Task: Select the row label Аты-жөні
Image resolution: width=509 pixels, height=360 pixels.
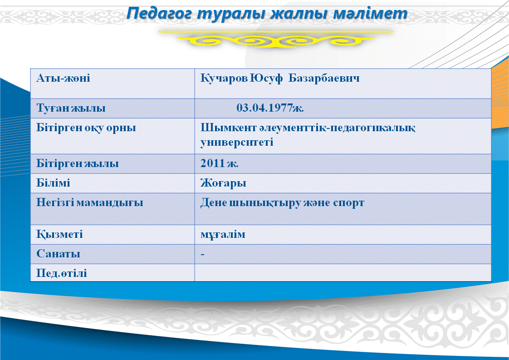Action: pyautogui.click(x=64, y=78)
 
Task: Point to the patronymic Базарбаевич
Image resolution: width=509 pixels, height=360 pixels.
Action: pyautogui.click(x=324, y=78)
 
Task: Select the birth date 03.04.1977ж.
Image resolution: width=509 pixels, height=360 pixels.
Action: pyautogui.click(x=270, y=108)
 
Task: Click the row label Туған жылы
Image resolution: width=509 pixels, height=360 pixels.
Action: pyautogui.click(x=71, y=108)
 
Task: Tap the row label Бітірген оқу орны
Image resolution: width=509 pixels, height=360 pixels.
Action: pyautogui.click(x=86, y=128)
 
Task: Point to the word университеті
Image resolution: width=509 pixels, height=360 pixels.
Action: pyautogui.click(x=237, y=142)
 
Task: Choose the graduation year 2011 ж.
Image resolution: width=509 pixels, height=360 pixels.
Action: pyautogui.click(x=220, y=163)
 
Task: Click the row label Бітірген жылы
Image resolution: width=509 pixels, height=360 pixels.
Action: pyautogui.click(x=77, y=163)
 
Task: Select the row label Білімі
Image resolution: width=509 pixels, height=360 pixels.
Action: pyautogui.click(x=53, y=183)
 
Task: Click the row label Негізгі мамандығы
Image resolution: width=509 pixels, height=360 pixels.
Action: pyautogui.click(x=89, y=203)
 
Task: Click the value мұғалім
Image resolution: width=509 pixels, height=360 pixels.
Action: pyautogui.click(x=223, y=235)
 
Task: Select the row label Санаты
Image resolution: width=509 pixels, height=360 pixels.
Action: pyautogui.click(x=58, y=254)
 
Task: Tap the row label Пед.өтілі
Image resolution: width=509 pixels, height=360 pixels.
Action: pyautogui.click(x=62, y=273)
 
